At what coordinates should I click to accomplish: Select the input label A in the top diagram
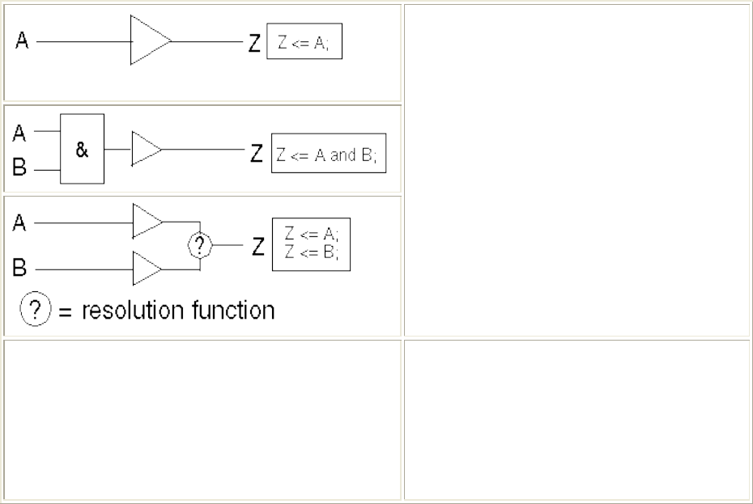[x=23, y=42]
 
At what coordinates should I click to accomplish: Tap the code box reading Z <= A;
[x=304, y=44]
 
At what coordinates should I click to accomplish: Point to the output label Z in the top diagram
[x=254, y=43]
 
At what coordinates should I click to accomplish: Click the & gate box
[x=83, y=149]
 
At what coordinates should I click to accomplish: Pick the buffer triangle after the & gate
[x=145, y=150]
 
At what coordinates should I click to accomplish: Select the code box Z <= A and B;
[x=328, y=154]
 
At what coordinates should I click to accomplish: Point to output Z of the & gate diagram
[x=256, y=153]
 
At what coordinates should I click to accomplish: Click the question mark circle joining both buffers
[x=200, y=245]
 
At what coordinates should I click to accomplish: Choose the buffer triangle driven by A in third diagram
[x=147, y=220]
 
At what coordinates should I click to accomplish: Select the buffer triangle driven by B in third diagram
[x=147, y=268]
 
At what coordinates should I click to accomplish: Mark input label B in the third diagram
[x=19, y=269]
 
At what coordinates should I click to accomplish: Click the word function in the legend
[x=235, y=311]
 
